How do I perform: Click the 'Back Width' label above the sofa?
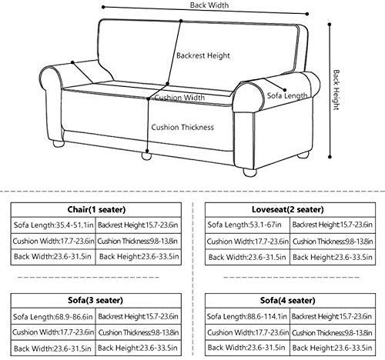click(209, 5)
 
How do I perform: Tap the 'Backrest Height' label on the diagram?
click(203, 55)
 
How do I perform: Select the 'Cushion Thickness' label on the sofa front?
click(182, 127)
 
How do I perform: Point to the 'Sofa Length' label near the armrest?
click(287, 95)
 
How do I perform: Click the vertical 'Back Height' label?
click(336, 90)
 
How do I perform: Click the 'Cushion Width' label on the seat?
click(179, 98)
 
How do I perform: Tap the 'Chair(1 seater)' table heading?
click(96, 209)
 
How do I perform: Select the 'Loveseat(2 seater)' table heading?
click(287, 209)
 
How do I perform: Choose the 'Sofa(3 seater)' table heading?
click(95, 300)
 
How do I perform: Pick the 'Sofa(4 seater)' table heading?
click(287, 300)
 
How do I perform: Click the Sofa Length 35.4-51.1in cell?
click(53, 225)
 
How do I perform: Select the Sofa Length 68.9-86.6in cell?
click(52, 317)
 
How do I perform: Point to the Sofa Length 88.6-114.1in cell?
click(246, 316)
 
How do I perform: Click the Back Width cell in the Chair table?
click(52, 256)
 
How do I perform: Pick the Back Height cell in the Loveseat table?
click(333, 257)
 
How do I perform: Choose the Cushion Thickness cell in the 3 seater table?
click(139, 332)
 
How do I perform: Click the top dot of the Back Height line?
click(330, 25)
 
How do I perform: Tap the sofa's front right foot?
click(249, 172)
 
